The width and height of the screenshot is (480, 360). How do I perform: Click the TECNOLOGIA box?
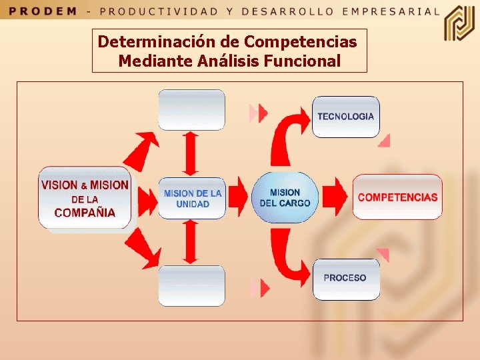click(345, 117)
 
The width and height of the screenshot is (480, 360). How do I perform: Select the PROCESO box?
click(345, 279)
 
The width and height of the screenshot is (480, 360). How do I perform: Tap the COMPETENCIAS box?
click(397, 197)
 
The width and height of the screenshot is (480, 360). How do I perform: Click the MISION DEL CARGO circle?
click(285, 197)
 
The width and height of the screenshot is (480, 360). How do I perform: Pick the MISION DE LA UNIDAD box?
click(192, 198)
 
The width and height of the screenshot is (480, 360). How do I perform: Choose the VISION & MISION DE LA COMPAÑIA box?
click(85, 198)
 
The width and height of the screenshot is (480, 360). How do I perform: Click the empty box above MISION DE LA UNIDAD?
click(191, 110)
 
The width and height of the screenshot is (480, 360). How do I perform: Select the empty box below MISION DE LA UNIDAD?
click(191, 285)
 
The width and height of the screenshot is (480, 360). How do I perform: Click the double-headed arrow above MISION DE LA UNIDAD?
click(191, 153)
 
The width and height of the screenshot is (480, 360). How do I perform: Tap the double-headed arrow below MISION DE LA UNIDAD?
click(191, 241)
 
